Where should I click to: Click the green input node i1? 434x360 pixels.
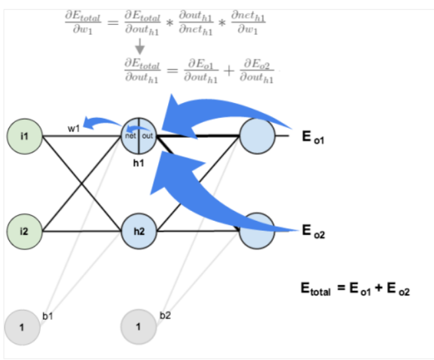coord(24,136)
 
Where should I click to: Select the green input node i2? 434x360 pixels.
coord(24,231)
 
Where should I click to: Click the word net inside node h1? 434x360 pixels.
coord(131,135)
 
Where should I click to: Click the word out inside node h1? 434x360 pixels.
coord(147,135)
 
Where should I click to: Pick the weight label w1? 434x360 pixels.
coord(74,128)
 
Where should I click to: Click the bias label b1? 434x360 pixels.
coord(47,316)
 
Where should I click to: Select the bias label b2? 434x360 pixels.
coord(166,316)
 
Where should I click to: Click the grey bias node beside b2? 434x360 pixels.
coord(139,326)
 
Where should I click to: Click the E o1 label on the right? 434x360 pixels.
coord(313,138)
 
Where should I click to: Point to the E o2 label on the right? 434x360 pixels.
coord(313,231)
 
